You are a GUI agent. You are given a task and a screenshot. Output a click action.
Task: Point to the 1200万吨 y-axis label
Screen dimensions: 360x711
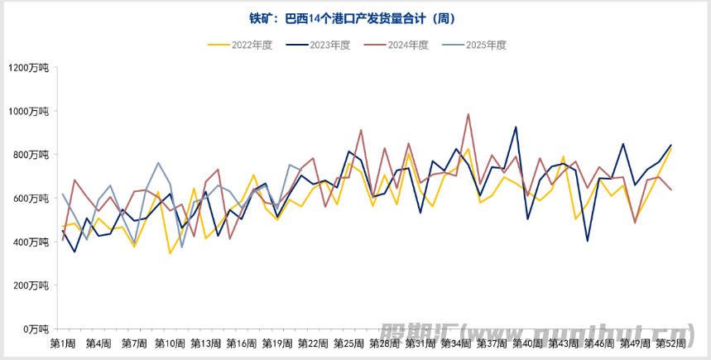[30, 68]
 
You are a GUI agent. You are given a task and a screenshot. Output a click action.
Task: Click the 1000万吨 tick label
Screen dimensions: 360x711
[30, 111]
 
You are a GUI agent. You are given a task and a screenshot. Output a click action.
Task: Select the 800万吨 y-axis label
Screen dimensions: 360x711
[32, 155]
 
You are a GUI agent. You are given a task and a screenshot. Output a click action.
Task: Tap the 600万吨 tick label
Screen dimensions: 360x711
[32, 199]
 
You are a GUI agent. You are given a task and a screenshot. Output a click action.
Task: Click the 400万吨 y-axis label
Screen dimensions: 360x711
[32, 242]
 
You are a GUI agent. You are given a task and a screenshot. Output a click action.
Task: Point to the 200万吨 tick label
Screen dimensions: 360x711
[32, 286]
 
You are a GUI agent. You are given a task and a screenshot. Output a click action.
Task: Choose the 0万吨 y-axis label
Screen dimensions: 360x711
[36, 329]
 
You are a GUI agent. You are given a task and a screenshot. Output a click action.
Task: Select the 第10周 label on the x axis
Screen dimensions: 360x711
[170, 343]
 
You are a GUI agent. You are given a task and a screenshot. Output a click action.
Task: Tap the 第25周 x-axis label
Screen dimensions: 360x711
[348, 343]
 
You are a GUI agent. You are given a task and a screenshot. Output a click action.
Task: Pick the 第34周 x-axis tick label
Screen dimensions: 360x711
[456, 343]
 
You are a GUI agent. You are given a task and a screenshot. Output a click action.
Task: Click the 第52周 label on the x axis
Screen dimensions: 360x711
[670, 343]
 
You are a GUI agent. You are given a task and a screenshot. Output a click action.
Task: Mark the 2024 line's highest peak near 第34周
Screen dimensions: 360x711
[468, 114]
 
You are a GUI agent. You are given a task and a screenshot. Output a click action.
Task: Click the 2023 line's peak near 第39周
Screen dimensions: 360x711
[516, 127]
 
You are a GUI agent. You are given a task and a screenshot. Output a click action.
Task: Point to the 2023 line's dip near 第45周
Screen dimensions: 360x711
[588, 241]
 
